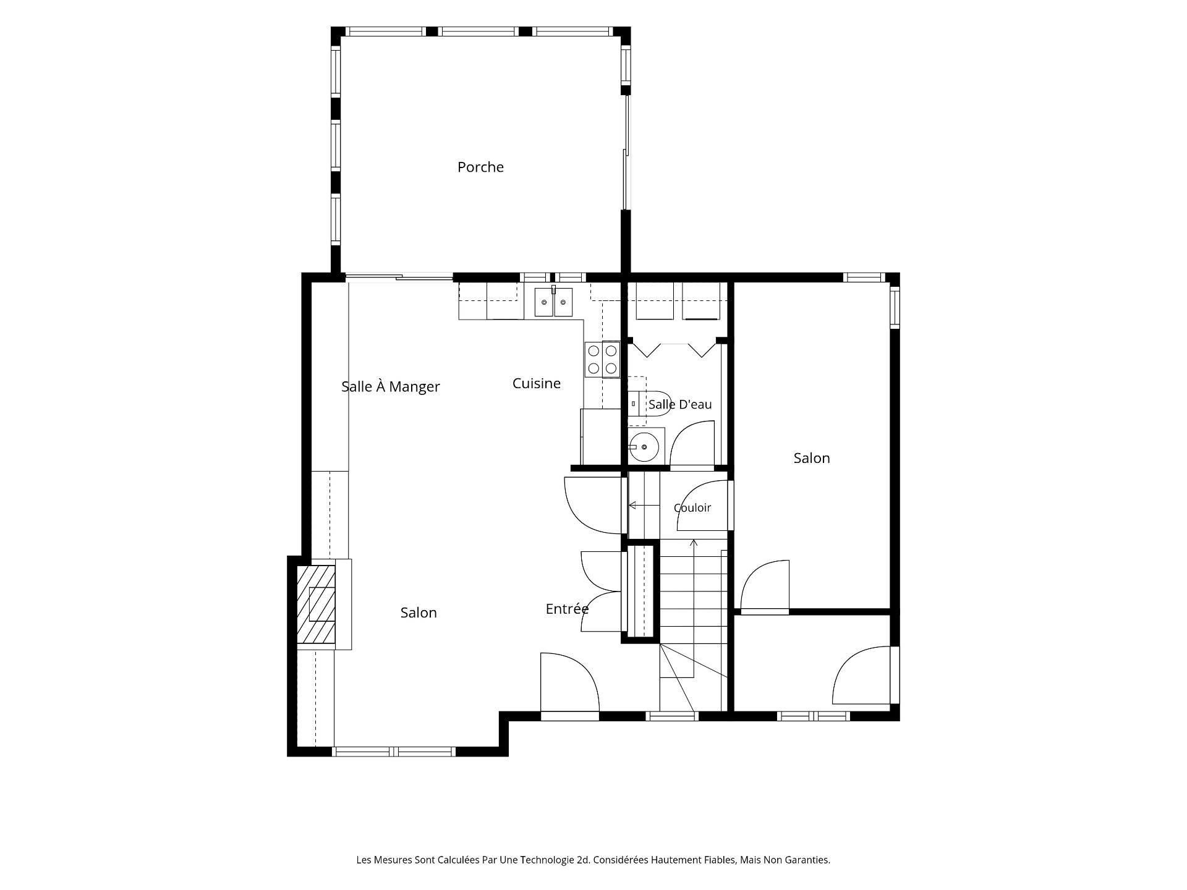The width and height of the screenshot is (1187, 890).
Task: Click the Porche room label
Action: tap(480, 167)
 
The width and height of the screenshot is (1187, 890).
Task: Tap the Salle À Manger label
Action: tap(391, 386)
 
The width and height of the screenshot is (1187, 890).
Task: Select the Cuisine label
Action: tap(537, 383)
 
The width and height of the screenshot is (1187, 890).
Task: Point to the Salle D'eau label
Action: tap(680, 404)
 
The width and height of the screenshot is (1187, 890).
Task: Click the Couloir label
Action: tap(692, 507)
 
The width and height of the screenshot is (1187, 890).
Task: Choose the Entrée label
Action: tap(567, 609)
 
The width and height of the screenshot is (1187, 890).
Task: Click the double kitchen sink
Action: tap(554, 302)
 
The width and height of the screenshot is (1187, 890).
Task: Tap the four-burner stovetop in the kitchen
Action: tap(602, 360)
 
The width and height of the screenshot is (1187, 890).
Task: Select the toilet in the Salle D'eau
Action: tap(650, 404)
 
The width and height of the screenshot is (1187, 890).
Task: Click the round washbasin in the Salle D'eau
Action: tap(644, 446)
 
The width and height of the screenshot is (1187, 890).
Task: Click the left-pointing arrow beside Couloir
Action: tap(644, 506)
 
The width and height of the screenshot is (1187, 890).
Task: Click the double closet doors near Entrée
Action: tap(601, 591)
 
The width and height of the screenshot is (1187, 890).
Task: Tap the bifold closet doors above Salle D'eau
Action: tap(674, 350)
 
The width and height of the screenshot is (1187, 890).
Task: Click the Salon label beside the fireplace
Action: tap(419, 612)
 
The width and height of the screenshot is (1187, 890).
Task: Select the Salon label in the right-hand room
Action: tap(812, 458)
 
